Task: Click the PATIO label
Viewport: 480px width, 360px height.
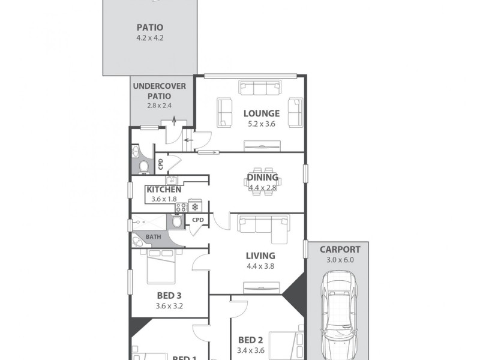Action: click(150, 27)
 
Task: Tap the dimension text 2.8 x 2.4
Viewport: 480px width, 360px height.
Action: click(159, 106)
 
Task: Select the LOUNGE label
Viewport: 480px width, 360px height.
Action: click(261, 113)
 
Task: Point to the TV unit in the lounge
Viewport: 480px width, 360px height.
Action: click(262, 145)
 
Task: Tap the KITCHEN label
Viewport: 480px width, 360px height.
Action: click(164, 190)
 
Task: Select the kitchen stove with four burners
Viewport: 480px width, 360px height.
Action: click(181, 207)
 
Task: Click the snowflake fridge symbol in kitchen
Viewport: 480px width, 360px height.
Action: click(195, 207)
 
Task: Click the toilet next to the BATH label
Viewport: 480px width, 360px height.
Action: click(176, 222)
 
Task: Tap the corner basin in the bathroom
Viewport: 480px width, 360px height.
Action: click(138, 241)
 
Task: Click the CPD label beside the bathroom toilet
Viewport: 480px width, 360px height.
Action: click(198, 220)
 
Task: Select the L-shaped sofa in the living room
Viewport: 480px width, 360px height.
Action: click(262, 225)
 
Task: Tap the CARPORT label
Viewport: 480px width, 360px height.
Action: click(340, 250)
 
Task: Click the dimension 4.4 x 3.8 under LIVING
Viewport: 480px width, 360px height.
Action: click(260, 266)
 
